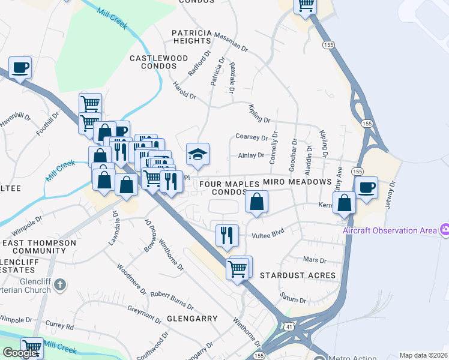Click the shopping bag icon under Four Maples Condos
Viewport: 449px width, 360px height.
pyautogui.click(x=256, y=202)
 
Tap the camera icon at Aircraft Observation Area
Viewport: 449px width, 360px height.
pyautogui.click(x=445, y=230)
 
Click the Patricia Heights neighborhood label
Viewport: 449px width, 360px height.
pyautogui.click(x=191, y=36)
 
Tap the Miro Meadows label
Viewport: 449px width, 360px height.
pyautogui.click(x=297, y=182)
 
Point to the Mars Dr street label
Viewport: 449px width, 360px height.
pyautogui.click(x=314, y=260)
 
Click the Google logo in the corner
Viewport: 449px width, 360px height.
pyautogui.click(x=20, y=353)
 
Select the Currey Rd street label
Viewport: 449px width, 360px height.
pyautogui.click(x=59, y=328)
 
